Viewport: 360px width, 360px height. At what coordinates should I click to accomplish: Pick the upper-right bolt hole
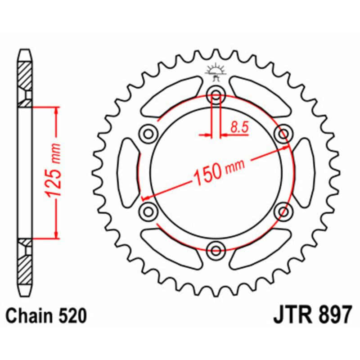coord(283,134)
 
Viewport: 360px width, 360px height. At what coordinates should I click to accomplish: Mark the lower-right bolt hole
coord(283,211)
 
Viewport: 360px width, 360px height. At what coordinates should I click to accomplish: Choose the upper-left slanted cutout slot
coord(171,97)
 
